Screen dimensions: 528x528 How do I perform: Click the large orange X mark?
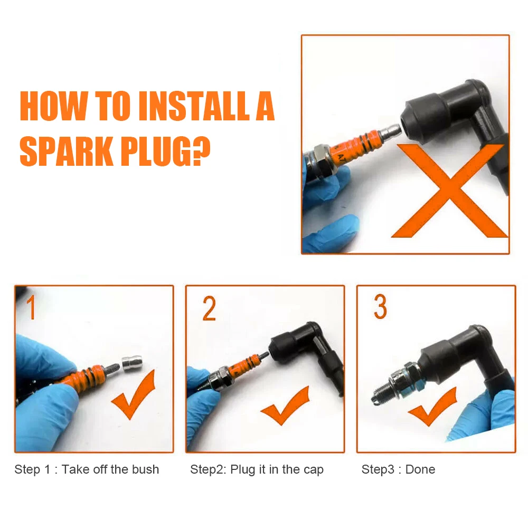click(450, 191)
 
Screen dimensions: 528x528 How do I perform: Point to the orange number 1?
click(31, 307)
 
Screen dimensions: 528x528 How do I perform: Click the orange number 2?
click(209, 308)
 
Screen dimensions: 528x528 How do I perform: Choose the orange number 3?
click(381, 306)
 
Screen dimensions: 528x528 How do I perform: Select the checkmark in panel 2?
click(286, 407)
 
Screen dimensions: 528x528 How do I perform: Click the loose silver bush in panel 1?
click(131, 364)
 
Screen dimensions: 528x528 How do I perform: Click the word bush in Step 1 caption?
click(145, 469)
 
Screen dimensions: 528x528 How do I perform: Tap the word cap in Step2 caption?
click(313, 470)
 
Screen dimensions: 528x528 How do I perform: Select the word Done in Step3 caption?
click(420, 469)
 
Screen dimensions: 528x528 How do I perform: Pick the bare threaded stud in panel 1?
click(112, 369)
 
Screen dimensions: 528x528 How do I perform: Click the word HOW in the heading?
click(53, 106)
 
